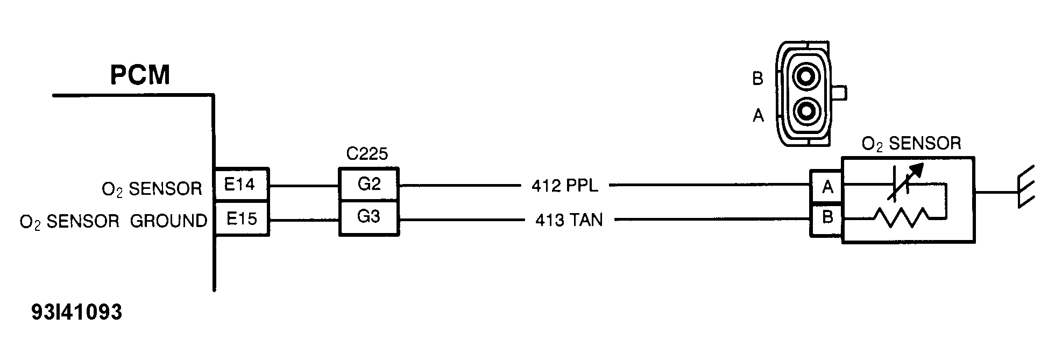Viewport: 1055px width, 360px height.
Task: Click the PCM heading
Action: [140, 75]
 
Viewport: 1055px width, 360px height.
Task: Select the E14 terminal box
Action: [241, 185]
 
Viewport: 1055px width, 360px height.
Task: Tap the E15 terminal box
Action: [241, 219]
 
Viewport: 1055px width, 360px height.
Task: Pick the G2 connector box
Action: [369, 185]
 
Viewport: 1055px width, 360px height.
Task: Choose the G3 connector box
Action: [369, 217]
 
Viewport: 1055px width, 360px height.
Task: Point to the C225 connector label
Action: [367, 154]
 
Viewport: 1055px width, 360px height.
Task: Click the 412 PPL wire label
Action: [564, 186]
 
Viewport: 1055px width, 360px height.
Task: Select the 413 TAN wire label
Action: [569, 220]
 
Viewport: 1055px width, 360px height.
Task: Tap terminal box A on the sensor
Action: [827, 187]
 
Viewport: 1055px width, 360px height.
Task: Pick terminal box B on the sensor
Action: [827, 218]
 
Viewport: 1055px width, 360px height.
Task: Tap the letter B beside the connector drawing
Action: [757, 79]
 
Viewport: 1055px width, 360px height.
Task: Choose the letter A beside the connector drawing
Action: [758, 115]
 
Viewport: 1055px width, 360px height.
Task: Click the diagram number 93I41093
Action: [77, 313]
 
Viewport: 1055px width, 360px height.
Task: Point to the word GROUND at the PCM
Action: [168, 221]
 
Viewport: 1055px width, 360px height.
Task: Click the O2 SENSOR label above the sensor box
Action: [911, 144]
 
